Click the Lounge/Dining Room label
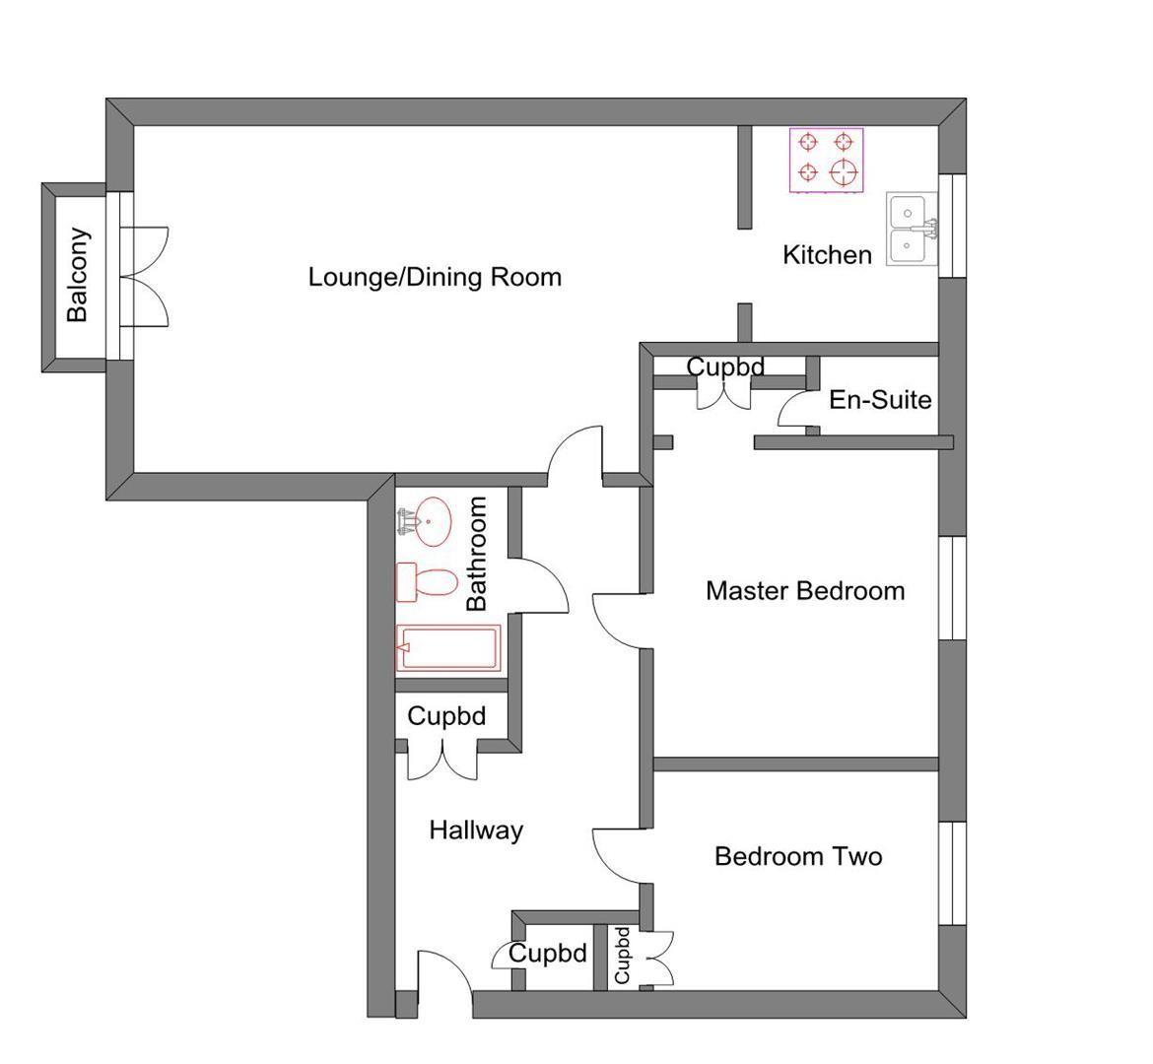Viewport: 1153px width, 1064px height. point(435,277)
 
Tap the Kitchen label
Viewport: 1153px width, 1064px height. point(827,255)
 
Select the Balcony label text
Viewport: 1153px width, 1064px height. point(78,275)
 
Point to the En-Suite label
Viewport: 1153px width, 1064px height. point(880,400)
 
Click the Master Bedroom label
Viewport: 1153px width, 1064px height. point(805,591)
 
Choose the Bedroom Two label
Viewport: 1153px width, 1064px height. point(798,856)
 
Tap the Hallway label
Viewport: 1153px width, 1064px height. point(476,831)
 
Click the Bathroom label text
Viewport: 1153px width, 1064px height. point(477,554)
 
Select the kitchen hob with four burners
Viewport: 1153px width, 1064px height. point(826,161)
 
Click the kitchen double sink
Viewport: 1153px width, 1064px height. point(909,229)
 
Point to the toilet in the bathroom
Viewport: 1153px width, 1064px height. point(426,582)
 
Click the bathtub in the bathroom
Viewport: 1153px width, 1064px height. point(447,648)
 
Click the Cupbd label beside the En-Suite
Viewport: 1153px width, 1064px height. point(725,367)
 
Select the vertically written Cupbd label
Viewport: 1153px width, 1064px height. point(622,955)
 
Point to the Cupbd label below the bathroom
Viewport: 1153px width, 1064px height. point(446,716)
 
